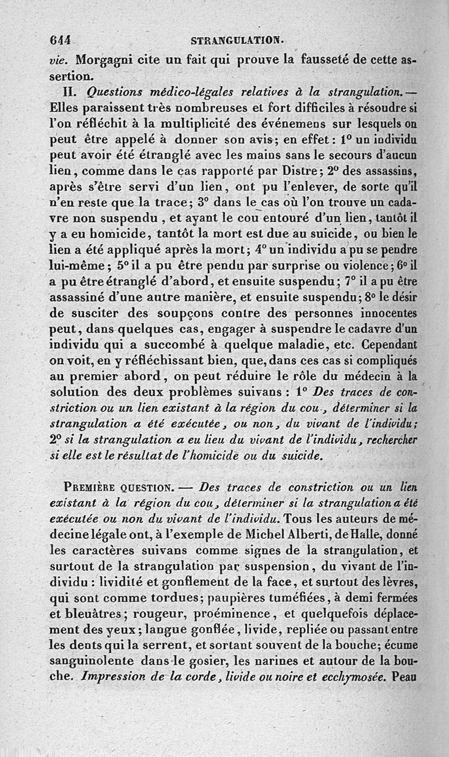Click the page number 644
62,41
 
